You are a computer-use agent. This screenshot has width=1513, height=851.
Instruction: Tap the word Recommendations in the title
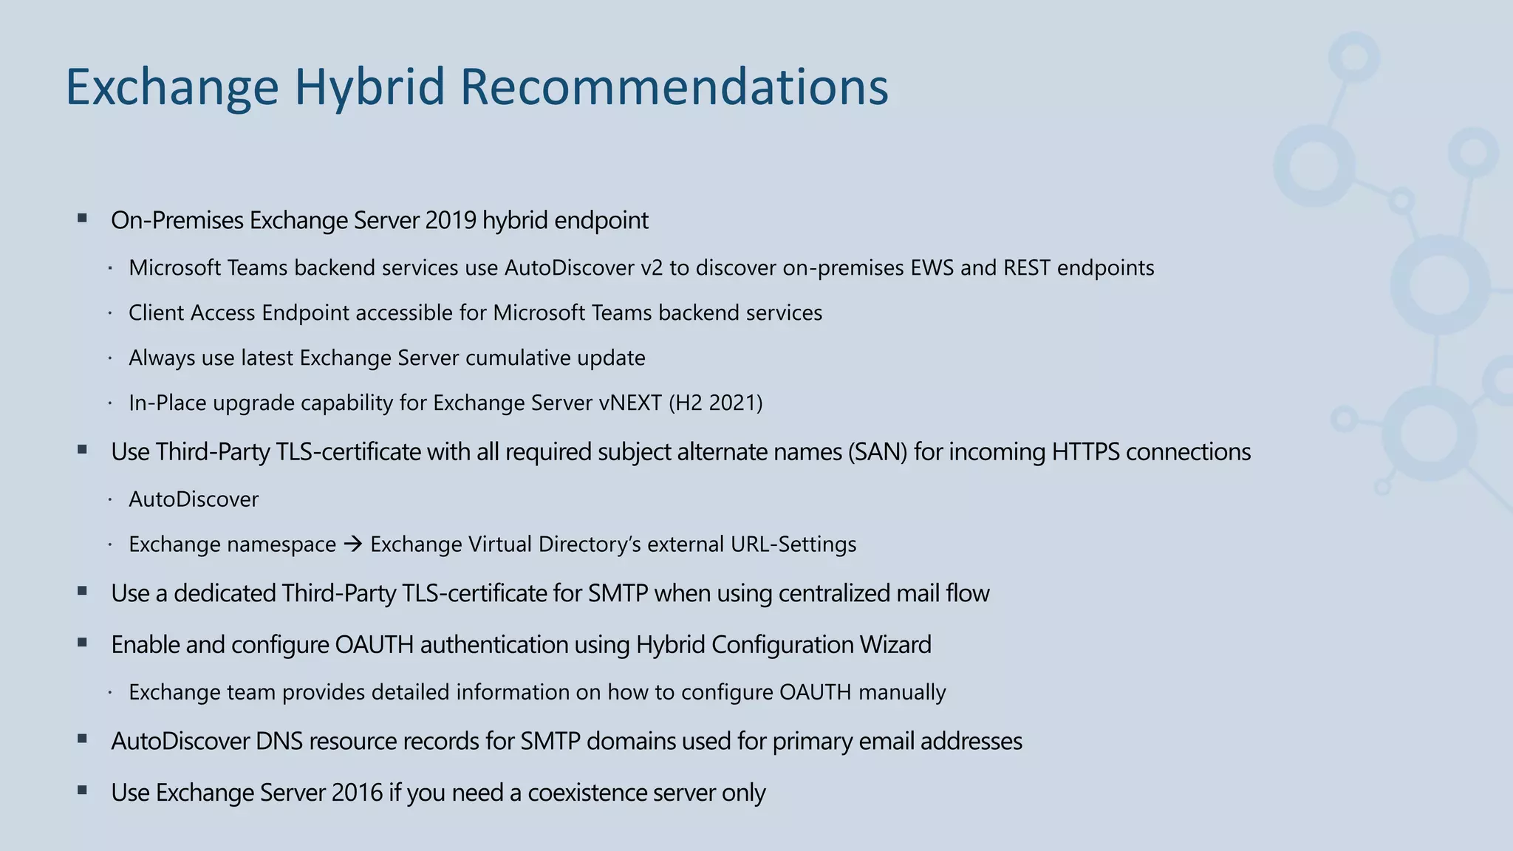674,87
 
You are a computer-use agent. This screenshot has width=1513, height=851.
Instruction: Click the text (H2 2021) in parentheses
715,403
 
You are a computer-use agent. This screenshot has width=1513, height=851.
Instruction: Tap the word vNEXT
630,403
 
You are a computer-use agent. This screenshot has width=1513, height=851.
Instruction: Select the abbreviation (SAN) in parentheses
878,451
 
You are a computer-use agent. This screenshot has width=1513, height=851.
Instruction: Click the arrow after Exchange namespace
353,544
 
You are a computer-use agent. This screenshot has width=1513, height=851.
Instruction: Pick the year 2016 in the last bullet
357,793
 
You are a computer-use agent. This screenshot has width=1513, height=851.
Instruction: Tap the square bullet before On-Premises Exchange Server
82,219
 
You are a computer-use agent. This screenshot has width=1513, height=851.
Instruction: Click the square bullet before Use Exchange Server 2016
82,791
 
